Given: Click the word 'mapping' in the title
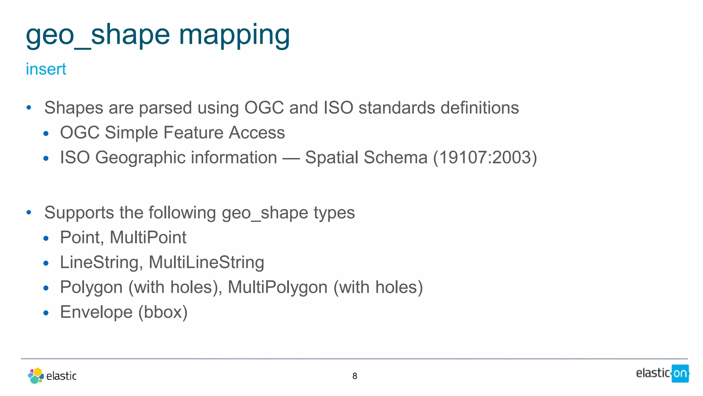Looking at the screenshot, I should [x=234, y=35].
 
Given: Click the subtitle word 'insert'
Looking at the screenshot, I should [x=46, y=69].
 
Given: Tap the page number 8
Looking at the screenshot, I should [x=355, y=376].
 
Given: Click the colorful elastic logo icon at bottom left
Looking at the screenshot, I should [x=36, y=376].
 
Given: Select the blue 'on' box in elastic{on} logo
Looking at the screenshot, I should [x=680, y=373].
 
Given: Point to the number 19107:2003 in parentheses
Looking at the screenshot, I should [x=485, y=158].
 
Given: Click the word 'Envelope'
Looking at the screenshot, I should [x=96, y=312].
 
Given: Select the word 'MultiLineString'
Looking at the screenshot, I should [x=206, y=262].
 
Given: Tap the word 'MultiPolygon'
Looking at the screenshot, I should [x=277, y=287].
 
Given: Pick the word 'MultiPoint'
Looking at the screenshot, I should [x=148, y=238].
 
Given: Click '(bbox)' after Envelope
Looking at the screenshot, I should [x=163, y=312].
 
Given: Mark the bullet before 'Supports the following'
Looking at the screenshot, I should [x=29, y=213].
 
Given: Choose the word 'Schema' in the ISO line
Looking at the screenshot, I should [x=395, y=158].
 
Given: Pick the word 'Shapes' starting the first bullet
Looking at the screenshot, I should [x=74, y=108].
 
